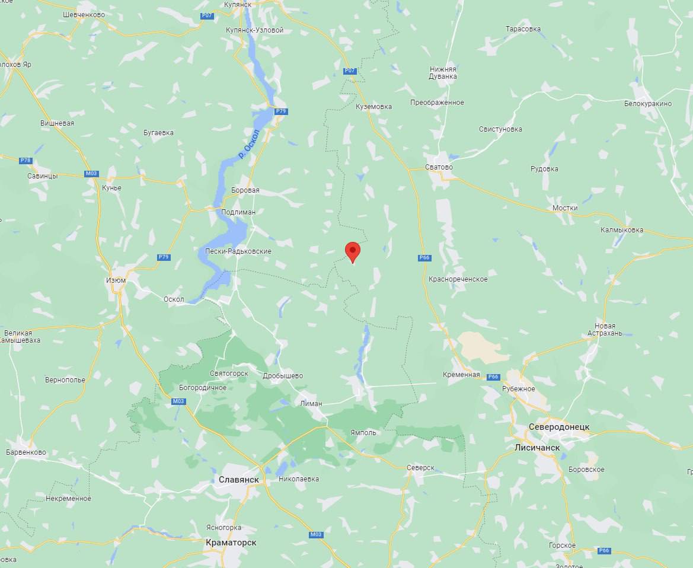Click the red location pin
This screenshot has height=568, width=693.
[353, 251]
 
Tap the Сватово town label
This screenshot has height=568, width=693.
[439, 167]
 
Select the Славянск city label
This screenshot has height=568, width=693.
[238, 479]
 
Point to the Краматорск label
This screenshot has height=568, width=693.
[231, 543]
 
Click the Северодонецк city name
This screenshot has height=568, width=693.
[559, 427]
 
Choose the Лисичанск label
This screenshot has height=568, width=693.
[537, 447]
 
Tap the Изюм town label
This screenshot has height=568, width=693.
[116, 280]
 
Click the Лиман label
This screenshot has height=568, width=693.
[311, 403]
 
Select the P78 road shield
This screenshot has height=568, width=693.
[25, 160]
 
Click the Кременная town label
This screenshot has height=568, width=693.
[461, 375]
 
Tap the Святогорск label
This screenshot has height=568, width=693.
[228, 374]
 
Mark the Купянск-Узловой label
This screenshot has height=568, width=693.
[255, 30]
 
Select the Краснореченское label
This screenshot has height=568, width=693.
[458, 279]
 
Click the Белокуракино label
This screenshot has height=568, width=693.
[648, 103]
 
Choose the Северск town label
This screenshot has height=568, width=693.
[420, 467]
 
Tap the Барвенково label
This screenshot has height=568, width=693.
[25, 452]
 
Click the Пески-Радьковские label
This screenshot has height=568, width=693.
[238, 251]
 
